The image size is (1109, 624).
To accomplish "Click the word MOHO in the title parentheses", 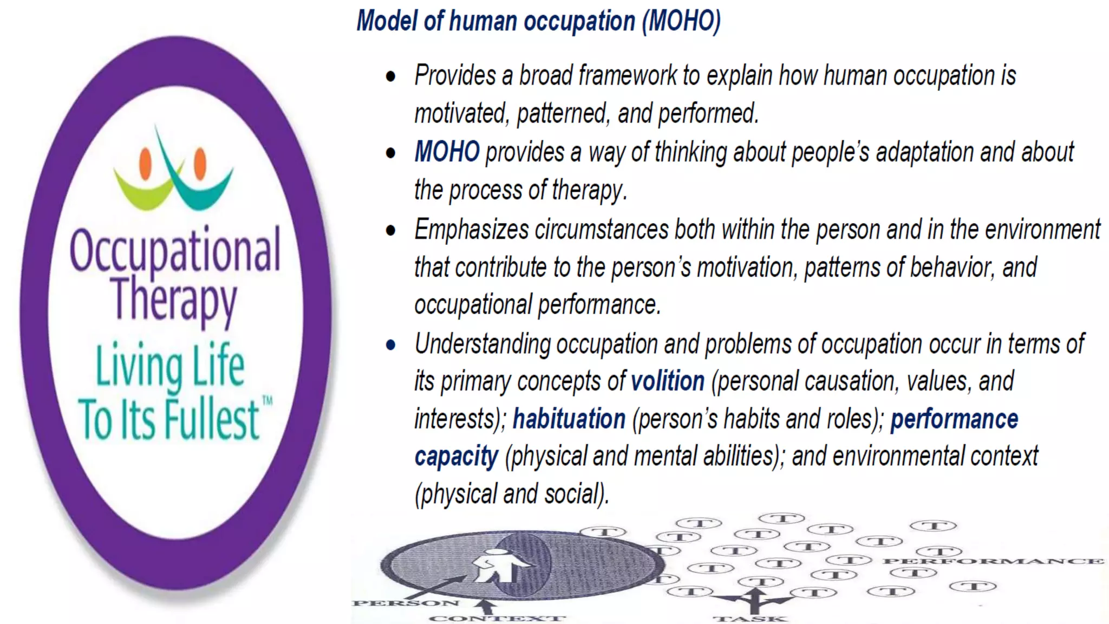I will tap(682, 22).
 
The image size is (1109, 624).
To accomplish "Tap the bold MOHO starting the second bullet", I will tap(447, 152).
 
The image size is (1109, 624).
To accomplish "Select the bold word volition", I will tap(668, 381).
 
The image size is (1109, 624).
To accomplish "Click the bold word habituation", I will tap(569, 419).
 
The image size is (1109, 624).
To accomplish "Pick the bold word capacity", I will tap(456, 457).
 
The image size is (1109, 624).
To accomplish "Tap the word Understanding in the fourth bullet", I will tap(482, 344).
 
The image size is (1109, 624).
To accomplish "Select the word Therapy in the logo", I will tap(173, 299).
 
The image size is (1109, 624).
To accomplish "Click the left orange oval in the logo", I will tap(145, 163).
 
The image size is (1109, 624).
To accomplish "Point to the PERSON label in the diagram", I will tap(406, 603).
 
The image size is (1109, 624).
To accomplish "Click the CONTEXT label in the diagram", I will tap(497, 618).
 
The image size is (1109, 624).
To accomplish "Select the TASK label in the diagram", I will tap(750, 619).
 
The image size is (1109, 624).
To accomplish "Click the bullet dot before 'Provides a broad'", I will tap(390, 76).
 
